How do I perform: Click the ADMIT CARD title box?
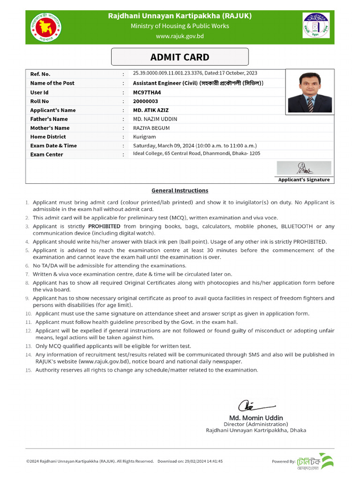[180, 57]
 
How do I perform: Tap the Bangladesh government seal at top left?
[46, 28]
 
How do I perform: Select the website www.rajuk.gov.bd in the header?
[180, 36]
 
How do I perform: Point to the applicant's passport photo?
[310, 92]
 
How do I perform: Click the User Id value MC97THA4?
[147, 92]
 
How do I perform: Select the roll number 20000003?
[145, 101]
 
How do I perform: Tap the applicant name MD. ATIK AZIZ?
[150, 110]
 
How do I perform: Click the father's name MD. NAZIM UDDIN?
[155, 119]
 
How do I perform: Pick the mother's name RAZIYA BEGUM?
[151, 128]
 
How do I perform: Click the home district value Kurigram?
[144, 137]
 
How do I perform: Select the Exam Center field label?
[46, 155]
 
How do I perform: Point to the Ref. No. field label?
[40, 74]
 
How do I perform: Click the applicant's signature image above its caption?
[303, 168]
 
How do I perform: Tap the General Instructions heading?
[180, 191]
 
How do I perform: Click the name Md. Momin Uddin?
[256, 418]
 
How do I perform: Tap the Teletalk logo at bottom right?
[316, 461]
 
